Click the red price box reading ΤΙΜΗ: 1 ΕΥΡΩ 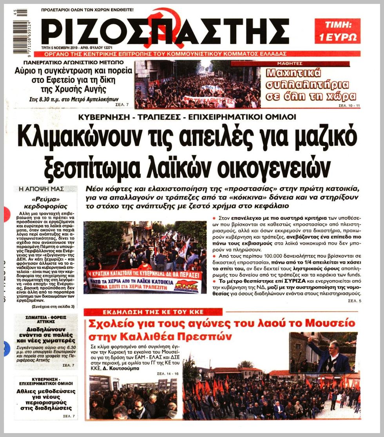click(x=337, y=31)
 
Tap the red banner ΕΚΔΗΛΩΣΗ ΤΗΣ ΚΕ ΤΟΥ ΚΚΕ click(x=153, y=312)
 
